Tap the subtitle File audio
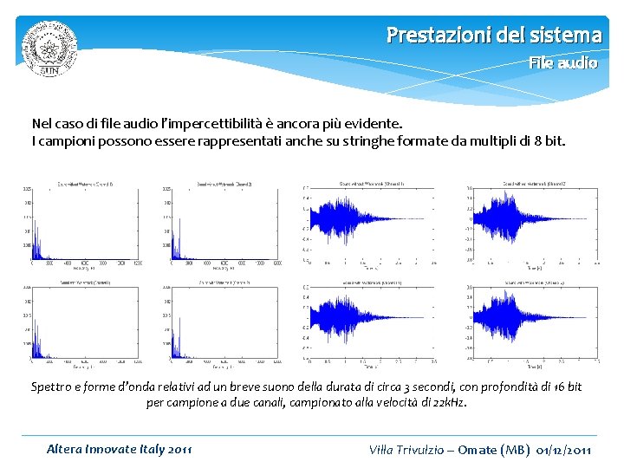563,63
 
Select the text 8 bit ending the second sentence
548,140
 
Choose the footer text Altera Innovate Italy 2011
120,449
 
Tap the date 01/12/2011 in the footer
564,449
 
